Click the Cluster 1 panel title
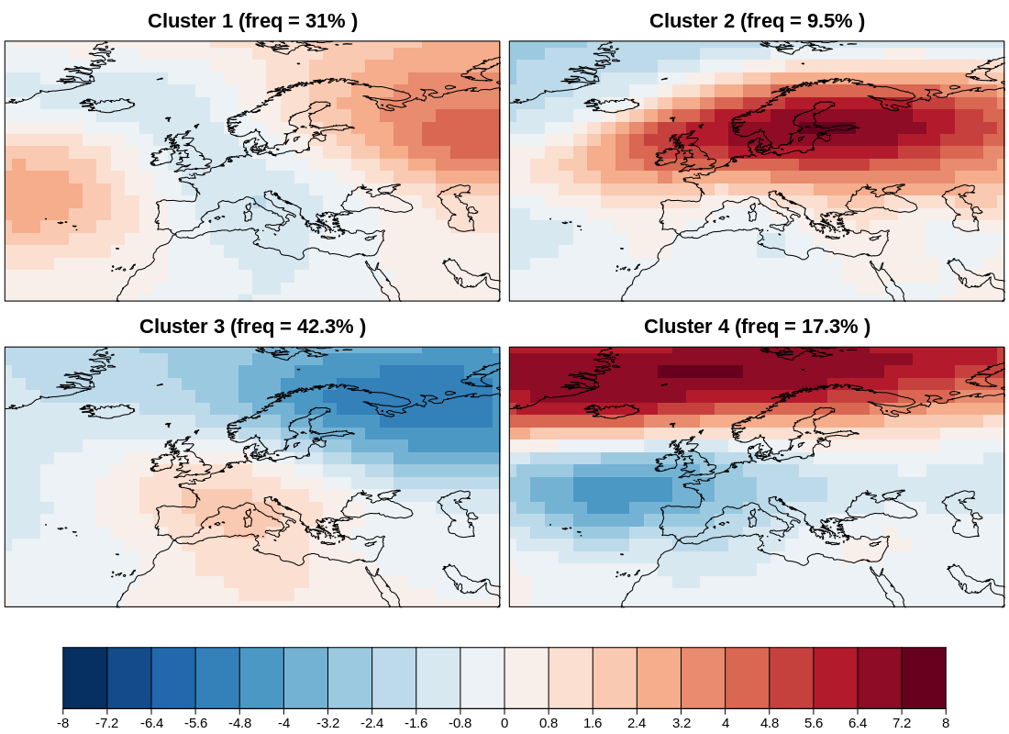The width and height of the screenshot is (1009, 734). (252, 21)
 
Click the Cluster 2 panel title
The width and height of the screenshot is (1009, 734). (757, 21)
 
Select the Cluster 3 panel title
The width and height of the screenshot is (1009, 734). (252, 327)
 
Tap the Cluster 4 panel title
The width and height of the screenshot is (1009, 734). (757, 327)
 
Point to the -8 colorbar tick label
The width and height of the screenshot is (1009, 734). (62, 723)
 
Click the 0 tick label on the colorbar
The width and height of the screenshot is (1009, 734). (504, 723)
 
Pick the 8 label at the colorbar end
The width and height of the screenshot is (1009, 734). (946, 723)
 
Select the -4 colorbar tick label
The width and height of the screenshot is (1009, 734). (283, 723)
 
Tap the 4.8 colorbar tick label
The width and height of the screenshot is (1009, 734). (770, 723)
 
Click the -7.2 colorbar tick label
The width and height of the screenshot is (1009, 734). (106, 723)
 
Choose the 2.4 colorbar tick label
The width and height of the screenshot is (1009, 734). (637, 723)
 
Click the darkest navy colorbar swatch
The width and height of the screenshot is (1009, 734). (84, 677)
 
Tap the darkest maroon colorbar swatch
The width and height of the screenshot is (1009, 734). (924, 677)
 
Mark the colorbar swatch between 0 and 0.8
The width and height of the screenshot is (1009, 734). (527, 677)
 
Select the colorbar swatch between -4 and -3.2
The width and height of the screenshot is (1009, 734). (305, 677)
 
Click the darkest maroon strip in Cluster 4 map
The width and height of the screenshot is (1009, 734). (700, 372)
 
